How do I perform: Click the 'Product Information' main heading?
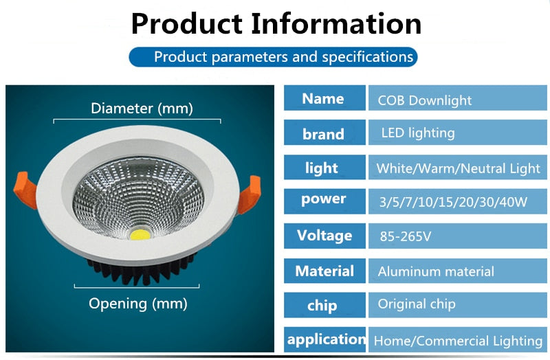276,23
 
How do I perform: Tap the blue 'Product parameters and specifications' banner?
273,56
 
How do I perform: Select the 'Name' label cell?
324,98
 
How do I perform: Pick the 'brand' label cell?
324,133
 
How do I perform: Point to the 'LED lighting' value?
418,133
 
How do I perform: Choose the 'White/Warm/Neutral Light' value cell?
458,168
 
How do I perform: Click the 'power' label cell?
324,199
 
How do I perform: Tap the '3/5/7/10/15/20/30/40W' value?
452,202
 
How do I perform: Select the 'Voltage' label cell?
324,235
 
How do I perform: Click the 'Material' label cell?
324,271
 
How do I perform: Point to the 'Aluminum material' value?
436,272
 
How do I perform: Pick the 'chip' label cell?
324,305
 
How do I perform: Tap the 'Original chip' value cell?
417,304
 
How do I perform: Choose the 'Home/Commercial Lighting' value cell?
458,340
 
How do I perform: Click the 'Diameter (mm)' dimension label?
142,109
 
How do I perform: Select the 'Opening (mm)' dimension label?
137,303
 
